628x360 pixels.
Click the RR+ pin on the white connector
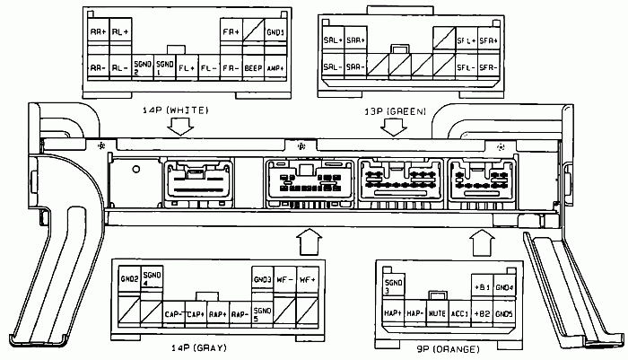97,33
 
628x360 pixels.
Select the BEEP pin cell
254,67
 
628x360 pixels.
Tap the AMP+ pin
276,67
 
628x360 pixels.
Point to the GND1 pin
276,33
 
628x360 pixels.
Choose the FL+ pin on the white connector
187,67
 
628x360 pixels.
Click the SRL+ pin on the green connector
331,40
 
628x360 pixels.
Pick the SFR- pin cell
488,67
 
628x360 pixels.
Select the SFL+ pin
466,40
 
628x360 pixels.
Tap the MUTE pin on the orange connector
437,312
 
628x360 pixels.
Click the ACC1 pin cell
459,312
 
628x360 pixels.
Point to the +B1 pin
482,287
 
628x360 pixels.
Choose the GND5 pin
504,312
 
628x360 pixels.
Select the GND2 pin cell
129,280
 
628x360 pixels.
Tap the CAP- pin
174,314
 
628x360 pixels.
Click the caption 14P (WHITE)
175,110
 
